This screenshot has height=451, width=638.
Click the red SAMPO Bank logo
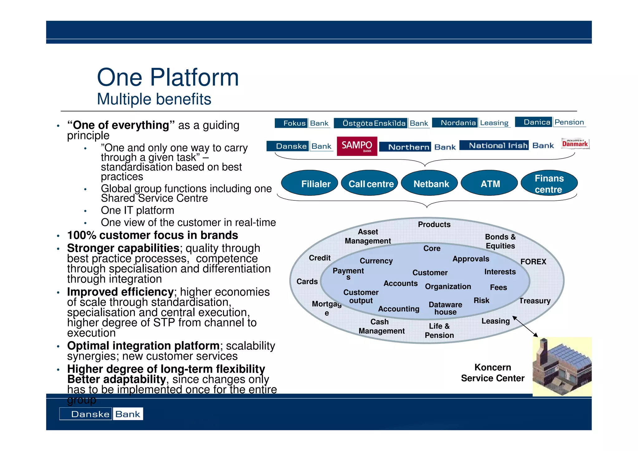click(x=357, y=146)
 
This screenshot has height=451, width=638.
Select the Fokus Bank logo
click(x=302, y=123)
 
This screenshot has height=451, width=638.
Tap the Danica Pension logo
click(x=550, y=122)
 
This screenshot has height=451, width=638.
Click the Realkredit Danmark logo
click(x=575, y=144)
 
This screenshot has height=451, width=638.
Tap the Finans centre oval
click(x=549, y=183)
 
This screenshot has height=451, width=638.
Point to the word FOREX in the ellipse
click(x=533, y=261)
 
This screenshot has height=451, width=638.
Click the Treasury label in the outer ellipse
click(x=535, y=301)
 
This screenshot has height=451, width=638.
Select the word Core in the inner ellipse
click(x=432, y=248)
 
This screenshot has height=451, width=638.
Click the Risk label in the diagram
click(x=481, y=300)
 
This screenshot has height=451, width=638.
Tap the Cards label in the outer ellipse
click(x=307, y=281)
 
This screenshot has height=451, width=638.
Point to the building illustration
click(x=562, y=367)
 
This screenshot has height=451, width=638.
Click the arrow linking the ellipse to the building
click(x=525, y=326)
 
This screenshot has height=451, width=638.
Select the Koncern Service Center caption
click(x=493, y=373)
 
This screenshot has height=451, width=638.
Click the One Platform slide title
click(x=168, y=77)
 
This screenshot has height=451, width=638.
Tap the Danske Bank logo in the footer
click(x=101, y=414)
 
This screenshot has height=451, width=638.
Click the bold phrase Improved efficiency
click(x=120, y=292)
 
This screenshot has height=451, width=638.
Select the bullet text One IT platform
click(x=137, y=210)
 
